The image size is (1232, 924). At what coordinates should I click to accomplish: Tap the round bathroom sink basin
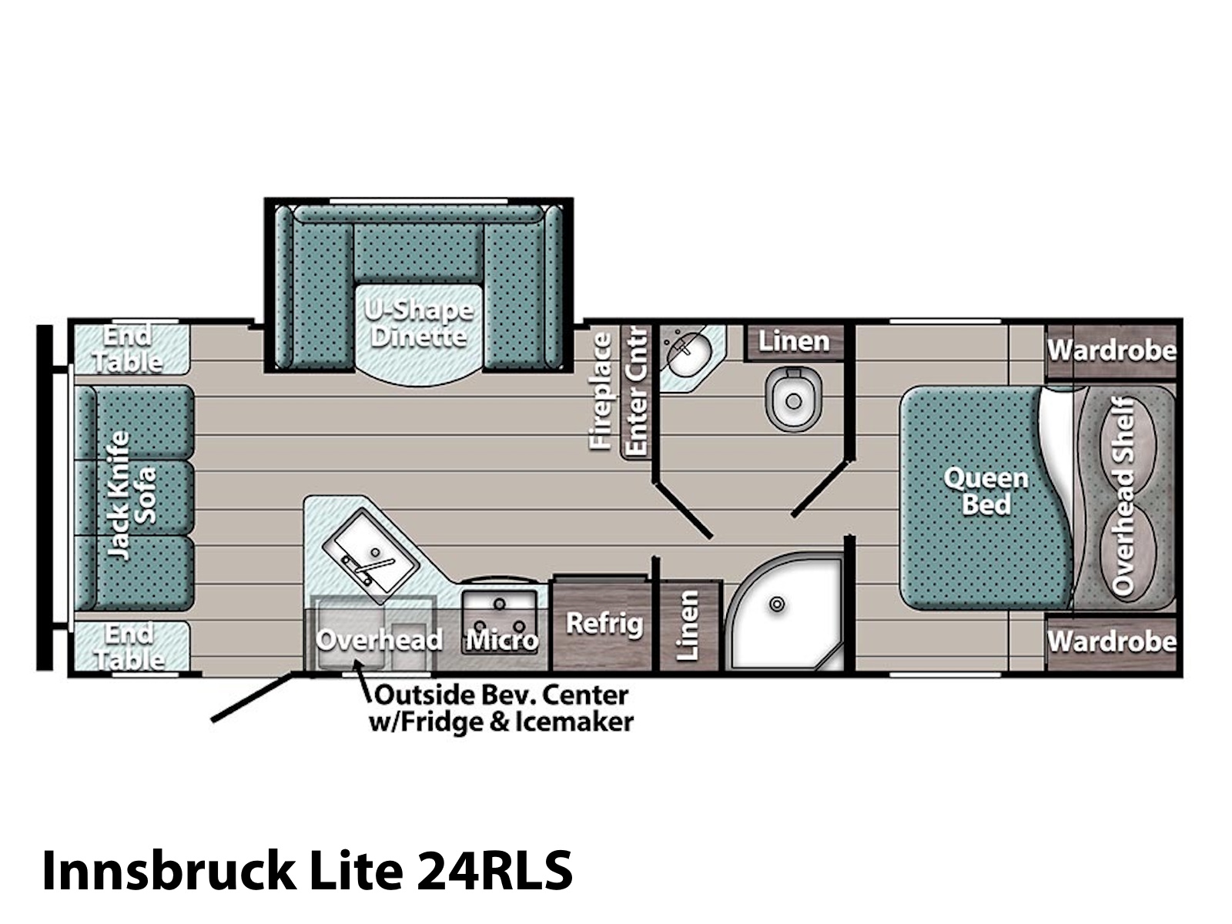coord(688,355)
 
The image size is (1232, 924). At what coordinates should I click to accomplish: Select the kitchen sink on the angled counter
coord(370,557)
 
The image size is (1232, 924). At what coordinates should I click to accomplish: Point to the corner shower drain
coord(777,604)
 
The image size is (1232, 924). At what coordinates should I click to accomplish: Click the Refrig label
coord(604,623)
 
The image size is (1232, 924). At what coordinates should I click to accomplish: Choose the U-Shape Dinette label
coord(419,323)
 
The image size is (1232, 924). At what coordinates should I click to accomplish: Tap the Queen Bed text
coord(986,491)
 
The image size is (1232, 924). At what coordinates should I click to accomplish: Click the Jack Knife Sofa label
coord(131,495)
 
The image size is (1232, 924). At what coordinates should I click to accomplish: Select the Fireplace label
coord(601,391)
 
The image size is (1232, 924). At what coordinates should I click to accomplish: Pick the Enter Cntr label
coord(637,391)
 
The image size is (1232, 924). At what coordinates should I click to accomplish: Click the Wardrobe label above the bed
coord(1111,350)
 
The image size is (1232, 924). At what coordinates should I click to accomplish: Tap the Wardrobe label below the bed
coord(1111,641)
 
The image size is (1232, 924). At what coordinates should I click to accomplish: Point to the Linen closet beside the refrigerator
coord(688,625)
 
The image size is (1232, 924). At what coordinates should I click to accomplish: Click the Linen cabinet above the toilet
coord(794,342)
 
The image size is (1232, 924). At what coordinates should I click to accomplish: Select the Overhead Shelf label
coord(1123,496)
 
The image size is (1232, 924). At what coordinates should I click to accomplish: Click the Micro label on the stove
coord(502,640)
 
